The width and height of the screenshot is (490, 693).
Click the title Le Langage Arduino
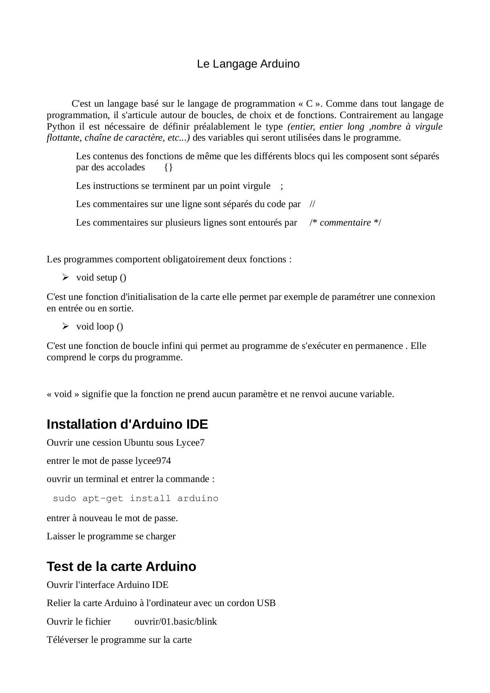coord(248,64)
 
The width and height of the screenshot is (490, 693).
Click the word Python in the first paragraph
coord(61,126)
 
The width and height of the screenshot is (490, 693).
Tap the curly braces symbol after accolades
coord(168,168)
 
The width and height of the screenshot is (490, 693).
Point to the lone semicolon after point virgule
coord(281,186)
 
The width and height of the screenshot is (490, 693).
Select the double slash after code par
coord(312,204)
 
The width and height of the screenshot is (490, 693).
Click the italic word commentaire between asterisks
coord(345,223)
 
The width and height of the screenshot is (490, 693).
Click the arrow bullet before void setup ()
coord(65,277)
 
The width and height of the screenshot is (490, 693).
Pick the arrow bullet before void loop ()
coord(65,326)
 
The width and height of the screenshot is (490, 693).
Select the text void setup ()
coord(101,278)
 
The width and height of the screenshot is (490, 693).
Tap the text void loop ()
coord(100,326)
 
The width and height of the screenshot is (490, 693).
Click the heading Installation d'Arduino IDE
coord(127,424)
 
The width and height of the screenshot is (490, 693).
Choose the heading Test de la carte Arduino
coord(121,567)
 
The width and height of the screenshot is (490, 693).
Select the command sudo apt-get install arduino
coord(136,499)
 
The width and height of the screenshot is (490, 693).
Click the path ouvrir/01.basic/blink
coord(176,621)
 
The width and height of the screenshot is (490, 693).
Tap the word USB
coord(266,603)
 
